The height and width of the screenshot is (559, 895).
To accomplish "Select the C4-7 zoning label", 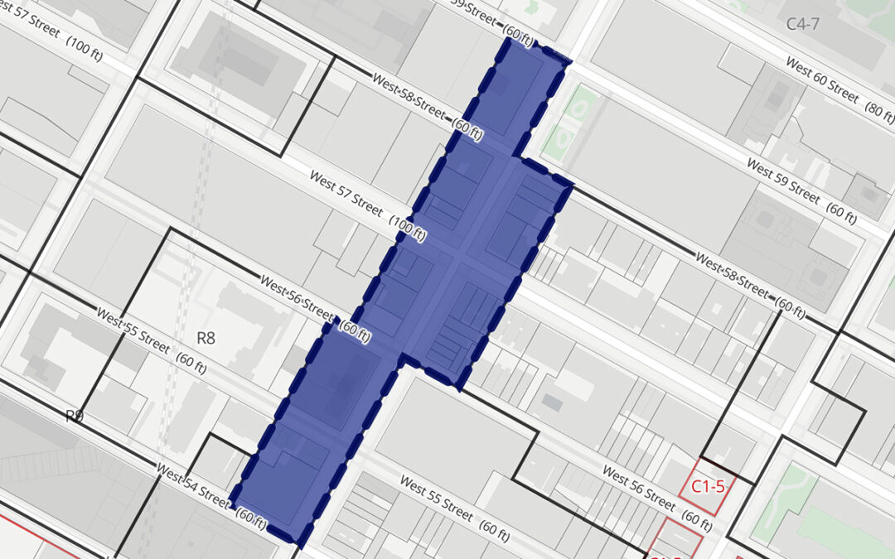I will pos(802,24).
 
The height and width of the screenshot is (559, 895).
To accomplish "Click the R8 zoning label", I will pos(206,338).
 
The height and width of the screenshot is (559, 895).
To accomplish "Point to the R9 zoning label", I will pos(75,416).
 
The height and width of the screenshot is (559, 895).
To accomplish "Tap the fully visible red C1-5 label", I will pos(708,487).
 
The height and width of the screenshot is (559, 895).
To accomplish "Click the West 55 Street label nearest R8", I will pos(133,330).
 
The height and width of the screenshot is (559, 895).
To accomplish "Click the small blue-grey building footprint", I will pos(553,402).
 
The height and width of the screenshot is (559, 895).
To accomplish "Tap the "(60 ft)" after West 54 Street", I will pos(251,516).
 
